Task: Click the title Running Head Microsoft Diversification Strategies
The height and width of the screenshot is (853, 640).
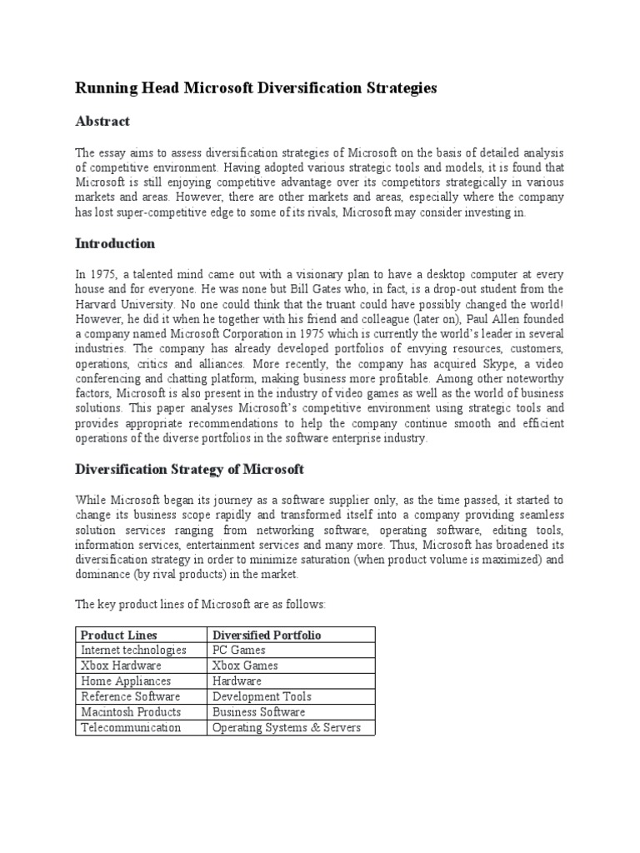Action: (256, 88)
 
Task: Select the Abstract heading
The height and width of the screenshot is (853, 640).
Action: (102, 122)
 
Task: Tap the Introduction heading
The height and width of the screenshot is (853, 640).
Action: (115, 244)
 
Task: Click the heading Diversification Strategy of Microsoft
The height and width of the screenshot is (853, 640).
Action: (190, 470)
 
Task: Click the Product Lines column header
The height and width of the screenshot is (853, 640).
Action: (118, 635)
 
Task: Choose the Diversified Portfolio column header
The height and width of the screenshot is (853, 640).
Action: (267, 635)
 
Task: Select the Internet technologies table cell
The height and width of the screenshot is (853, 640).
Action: (133, 650)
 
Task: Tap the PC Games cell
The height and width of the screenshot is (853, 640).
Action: (239, 650)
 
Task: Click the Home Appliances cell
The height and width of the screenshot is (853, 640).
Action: (126, 681)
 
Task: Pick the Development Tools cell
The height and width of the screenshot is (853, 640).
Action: (262, 696)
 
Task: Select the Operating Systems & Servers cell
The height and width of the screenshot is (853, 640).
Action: (287, 727)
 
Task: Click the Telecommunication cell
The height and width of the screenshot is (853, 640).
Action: (131, 727)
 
